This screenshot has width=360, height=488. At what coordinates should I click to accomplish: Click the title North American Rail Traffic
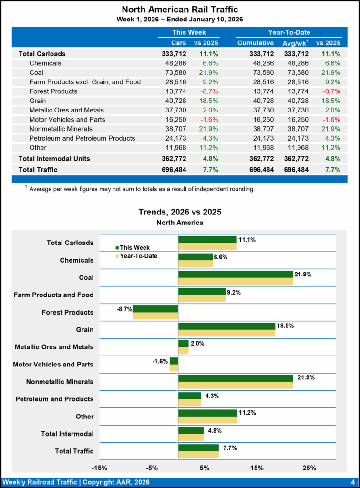(180, 10)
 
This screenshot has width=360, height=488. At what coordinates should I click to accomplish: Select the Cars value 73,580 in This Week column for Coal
(174, 72)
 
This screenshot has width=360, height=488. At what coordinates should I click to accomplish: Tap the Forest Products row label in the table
(53, 91)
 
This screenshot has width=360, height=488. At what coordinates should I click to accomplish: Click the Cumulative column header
(256, 43)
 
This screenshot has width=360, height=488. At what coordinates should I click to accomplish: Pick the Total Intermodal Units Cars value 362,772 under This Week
(174, 158)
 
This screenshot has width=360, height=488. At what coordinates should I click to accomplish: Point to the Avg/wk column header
(296, 43)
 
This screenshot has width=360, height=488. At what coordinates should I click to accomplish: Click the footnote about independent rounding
(142, 189)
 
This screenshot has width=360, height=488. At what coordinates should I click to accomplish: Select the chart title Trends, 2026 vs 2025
(180, 212)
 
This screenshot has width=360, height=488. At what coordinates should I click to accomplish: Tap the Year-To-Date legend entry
(138, 256)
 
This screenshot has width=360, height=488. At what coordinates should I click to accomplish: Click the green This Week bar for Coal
(236, 274)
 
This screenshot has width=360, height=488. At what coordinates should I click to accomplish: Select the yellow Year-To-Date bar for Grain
(227, 333)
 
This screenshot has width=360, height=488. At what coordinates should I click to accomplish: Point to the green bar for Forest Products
(155, 309)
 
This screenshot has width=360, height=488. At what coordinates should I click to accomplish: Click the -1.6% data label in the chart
(160, 361)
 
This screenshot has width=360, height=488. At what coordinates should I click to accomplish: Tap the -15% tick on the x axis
(99, 468)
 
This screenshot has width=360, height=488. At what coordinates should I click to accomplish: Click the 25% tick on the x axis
(309, 468)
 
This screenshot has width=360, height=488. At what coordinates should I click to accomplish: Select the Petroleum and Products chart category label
(55, 399)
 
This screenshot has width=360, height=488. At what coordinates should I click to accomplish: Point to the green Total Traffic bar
(198, 447)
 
